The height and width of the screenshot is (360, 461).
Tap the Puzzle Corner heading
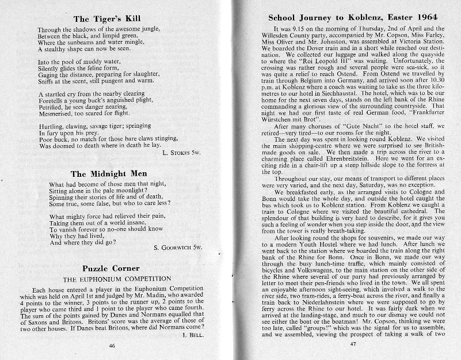108,268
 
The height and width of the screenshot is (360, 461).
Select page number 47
355,344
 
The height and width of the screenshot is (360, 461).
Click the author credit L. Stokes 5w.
184,153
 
